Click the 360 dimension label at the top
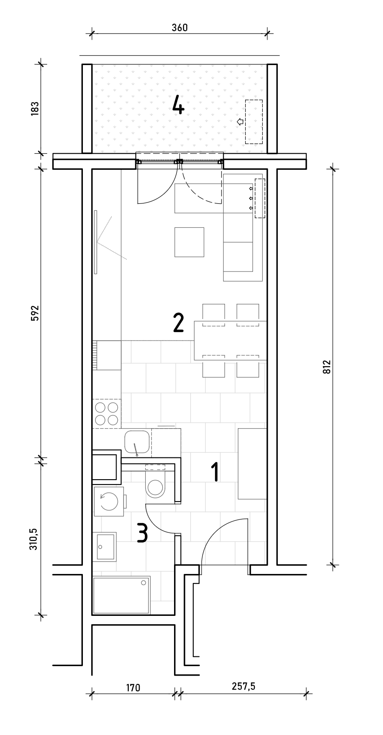[180, 27]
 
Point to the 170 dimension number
[133, 687]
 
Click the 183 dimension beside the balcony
[35, 109]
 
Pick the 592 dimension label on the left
[35, 313]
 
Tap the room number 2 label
[178, 323]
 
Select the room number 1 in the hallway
[215, 472]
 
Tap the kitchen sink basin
[137, 442]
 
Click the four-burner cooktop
[106, 413]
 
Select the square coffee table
[189, 242]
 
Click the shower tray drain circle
[143, 583]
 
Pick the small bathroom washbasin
[106, 546]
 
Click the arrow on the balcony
[240, 122]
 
